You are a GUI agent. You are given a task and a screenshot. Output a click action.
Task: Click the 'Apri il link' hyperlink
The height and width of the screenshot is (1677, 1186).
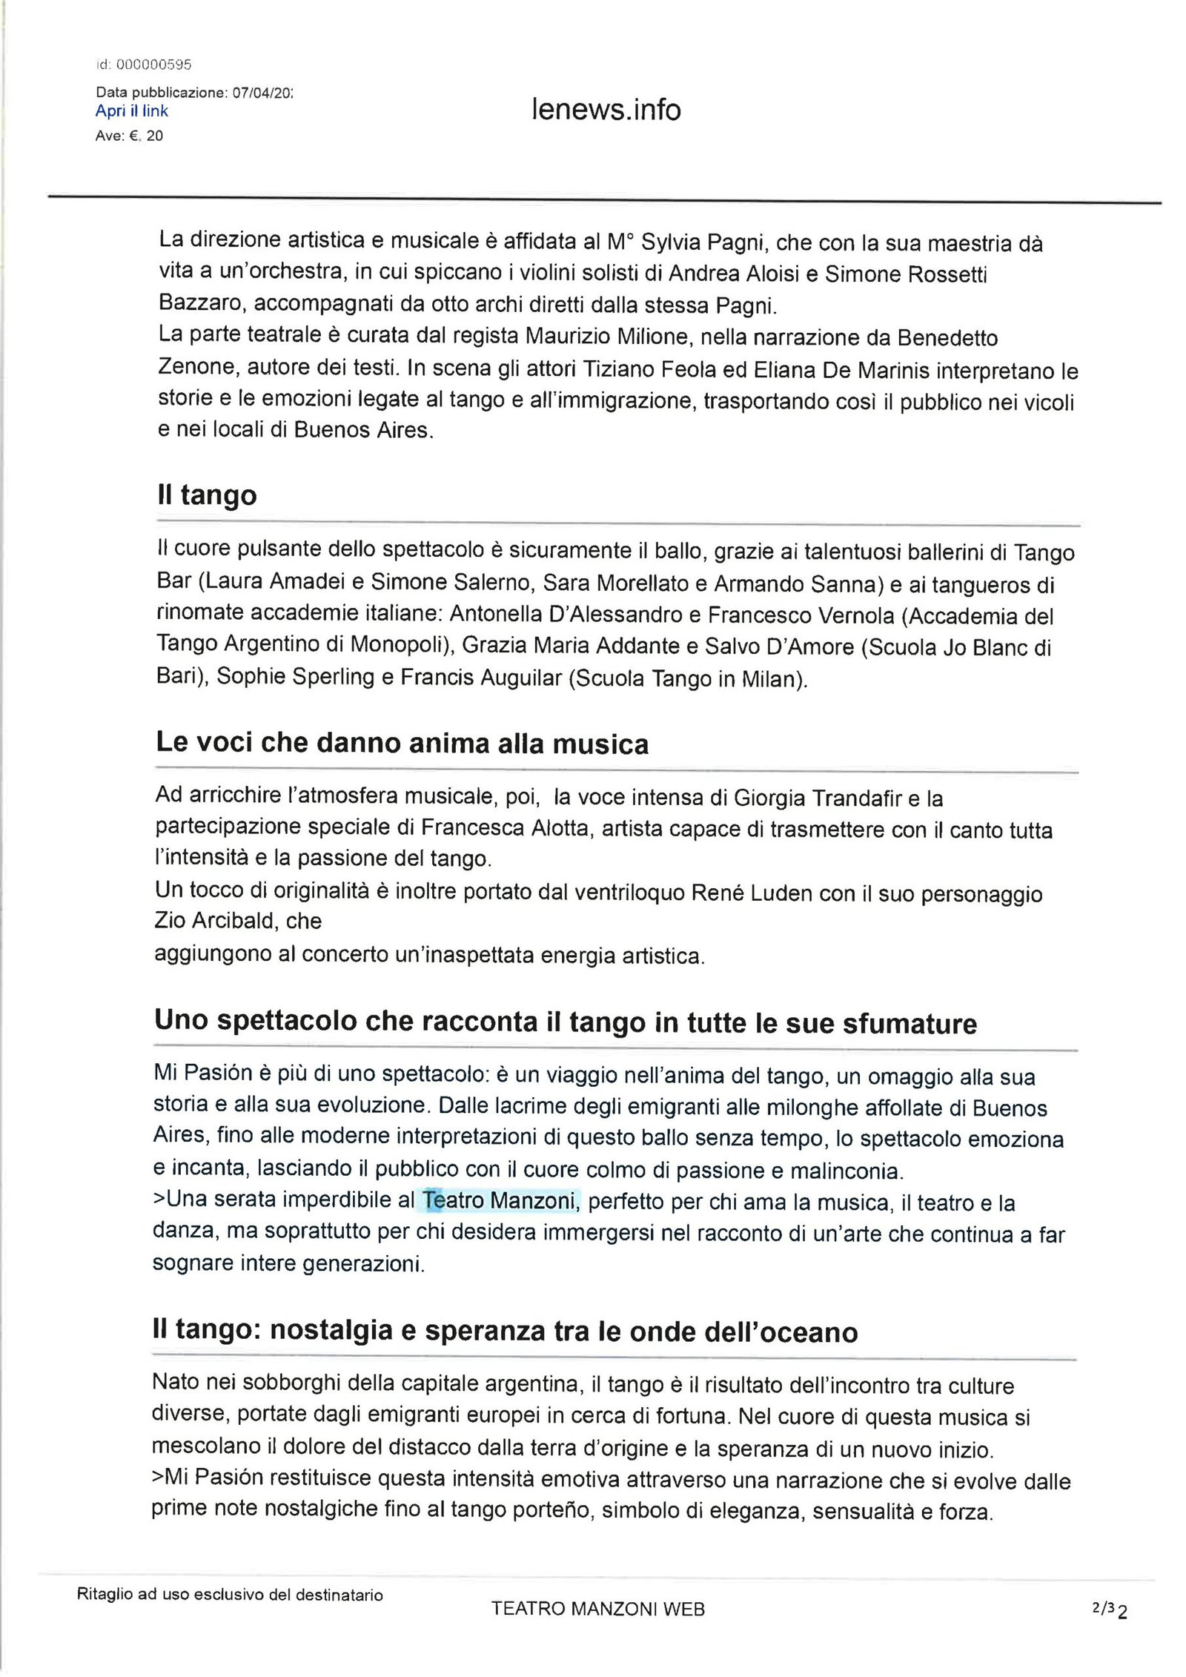coord(132,111)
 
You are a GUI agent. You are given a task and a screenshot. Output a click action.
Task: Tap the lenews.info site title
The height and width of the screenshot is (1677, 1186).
coord(606,110)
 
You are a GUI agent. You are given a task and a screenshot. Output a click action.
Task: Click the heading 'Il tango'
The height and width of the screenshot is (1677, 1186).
coord(207,494)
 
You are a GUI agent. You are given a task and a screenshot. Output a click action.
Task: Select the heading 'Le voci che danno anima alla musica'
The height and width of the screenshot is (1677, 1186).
coord(402,743)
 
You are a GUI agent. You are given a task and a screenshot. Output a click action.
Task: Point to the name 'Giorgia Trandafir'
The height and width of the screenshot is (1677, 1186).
coord(817,798)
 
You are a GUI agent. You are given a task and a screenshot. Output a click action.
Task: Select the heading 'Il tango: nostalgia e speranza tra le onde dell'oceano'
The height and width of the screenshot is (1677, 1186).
coord(504,1332)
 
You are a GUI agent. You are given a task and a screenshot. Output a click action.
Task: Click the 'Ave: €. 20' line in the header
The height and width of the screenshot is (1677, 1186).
coord(129,136)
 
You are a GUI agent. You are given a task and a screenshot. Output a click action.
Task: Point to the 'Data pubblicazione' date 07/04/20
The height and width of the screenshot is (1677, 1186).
coord(263,93)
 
